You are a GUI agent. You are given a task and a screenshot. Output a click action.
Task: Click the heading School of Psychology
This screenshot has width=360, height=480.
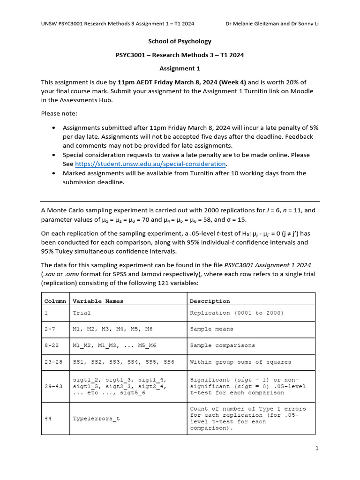[x=180, y=41]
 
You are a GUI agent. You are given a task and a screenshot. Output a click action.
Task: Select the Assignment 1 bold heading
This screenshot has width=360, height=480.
[x=180, y=68]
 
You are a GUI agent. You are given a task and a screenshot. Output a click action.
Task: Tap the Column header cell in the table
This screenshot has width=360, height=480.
[x=55, y=301]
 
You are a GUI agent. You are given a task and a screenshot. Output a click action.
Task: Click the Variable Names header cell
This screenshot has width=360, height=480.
[x=98, y=301]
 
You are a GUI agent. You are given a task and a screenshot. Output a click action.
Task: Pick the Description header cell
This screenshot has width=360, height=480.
[x=210, y=301]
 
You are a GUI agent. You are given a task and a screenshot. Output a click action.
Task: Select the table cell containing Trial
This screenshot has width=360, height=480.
[x=82, y=313]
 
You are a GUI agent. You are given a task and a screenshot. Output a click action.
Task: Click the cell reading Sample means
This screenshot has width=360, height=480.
[x=211, y=329]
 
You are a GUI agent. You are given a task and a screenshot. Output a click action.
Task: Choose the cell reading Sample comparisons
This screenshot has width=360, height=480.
[x=223, y=345]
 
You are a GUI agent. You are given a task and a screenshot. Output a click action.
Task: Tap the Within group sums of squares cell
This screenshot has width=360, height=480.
[x=240, y=362]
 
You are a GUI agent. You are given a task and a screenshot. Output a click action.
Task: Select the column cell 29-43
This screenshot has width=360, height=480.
[x=53, y=386]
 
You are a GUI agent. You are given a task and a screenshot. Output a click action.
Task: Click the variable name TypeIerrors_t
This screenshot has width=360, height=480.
[x=96, y=419]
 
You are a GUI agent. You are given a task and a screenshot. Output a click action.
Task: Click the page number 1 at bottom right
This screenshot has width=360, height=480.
[x=317, y=449]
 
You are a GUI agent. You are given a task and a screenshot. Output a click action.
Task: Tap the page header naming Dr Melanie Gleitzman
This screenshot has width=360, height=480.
[x=272, y=24]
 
